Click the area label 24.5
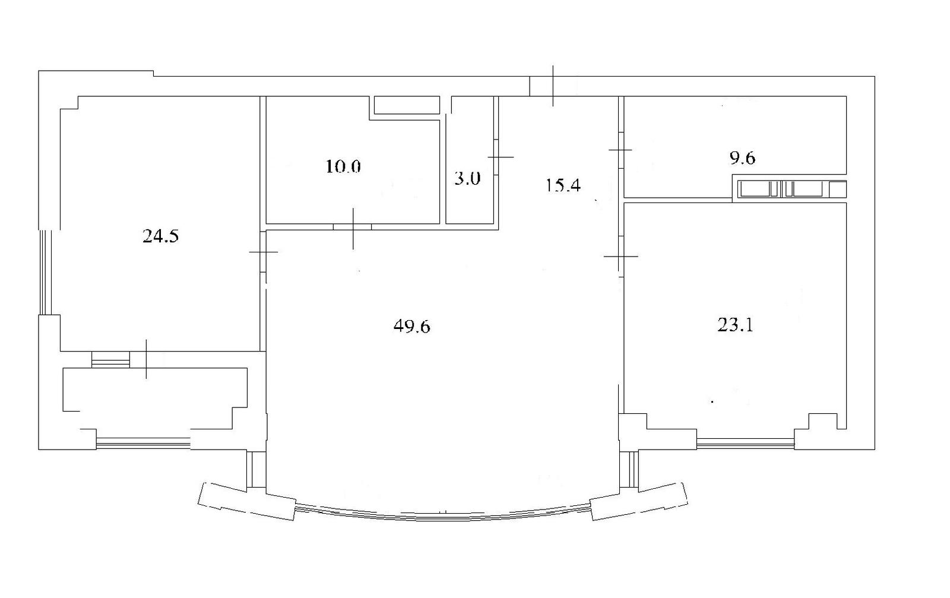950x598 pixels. pos(160,236)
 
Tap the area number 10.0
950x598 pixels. pos(343,166)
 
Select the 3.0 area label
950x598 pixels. pos(467,179)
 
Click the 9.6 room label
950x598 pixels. pos(742,158)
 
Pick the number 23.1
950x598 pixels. pos(735,325)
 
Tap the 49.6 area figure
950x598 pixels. pos(412,327)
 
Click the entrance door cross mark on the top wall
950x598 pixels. pos(553,86)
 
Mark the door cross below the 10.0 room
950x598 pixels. pos(353,228)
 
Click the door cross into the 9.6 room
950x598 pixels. pos(620,150)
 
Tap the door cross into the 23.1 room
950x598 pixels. pos(620,256)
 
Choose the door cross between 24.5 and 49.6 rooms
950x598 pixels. pos(264,252)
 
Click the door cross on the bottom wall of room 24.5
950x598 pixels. pos(146,359)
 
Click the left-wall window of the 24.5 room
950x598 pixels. pos(45,273)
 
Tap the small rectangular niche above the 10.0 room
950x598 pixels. pos(406,105)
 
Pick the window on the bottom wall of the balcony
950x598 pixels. pos(143,444)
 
